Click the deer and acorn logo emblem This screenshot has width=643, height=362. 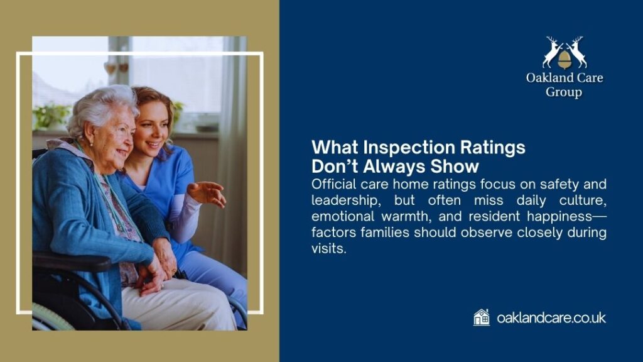point(565,53)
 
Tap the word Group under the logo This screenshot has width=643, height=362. point(563,92)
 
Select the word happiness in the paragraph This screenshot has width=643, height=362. point(559,217)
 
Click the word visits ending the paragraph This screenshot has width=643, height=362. point(327,249)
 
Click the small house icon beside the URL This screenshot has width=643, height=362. point(482,317)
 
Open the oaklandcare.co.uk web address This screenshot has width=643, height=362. point(551,318)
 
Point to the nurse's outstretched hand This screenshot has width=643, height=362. point(207,193)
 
